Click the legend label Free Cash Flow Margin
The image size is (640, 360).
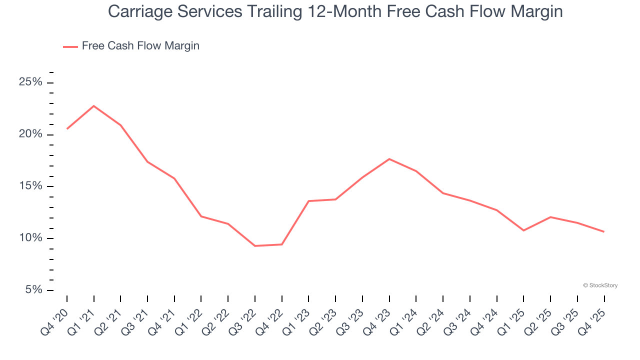(140, 46)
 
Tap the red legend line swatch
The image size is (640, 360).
(70, 46)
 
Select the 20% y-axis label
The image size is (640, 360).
(30, 134)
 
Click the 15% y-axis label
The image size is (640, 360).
(30, 186)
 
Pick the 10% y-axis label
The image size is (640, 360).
(30, 238)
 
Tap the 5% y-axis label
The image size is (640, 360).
(33, 290)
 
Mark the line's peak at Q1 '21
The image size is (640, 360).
(94, 106)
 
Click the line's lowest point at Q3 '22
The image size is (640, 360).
(255, 246)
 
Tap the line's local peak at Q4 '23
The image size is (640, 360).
(389, 159)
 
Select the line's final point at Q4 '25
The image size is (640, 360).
(604, 231)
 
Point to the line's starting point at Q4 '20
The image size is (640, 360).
(67, 129)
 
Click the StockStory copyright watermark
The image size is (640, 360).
(600, 285)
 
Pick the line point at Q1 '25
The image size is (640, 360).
(523, 230)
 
